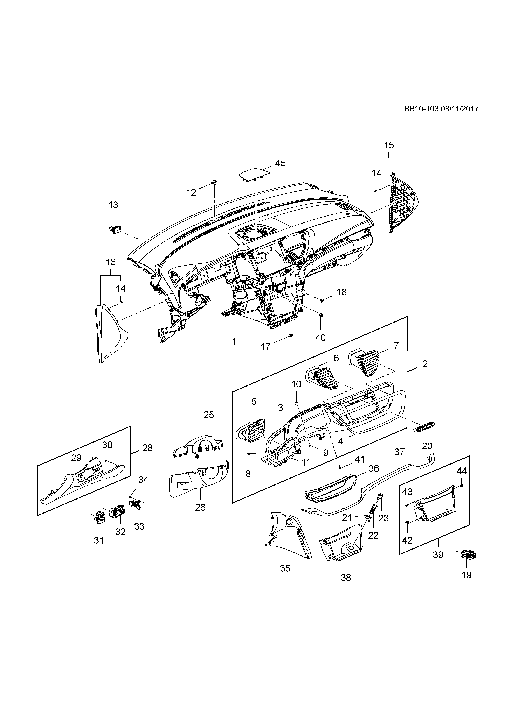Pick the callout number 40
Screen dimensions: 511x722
click(320, 338)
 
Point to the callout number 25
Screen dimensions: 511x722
click(209, 415)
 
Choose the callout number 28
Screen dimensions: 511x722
click(147, 448)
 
